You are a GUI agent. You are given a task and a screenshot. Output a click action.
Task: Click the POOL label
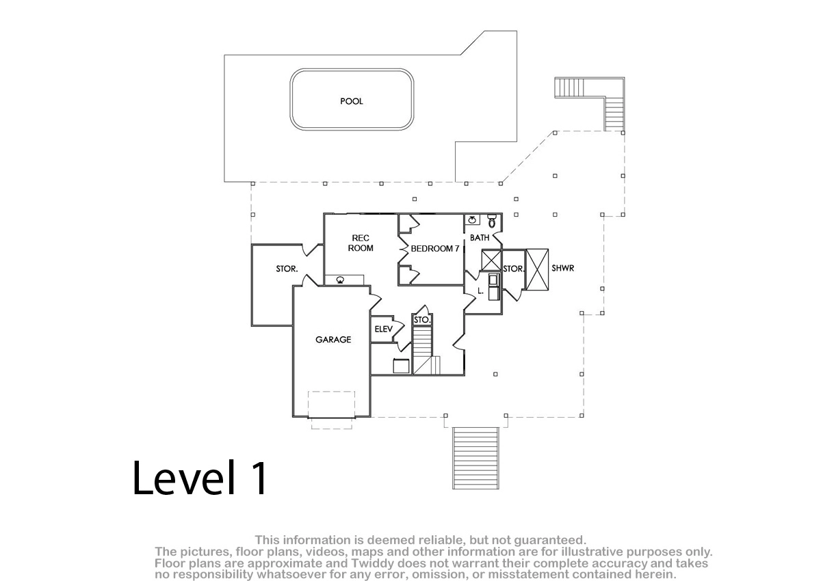352,101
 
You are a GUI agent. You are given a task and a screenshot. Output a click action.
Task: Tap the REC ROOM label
361,243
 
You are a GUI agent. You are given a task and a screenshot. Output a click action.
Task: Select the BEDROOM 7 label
435,249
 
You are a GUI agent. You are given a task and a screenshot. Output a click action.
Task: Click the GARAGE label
333,340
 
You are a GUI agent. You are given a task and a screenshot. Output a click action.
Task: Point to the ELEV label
383,329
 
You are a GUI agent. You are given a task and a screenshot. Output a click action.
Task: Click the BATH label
480,238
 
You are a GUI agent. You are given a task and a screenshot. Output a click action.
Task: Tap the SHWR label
562,269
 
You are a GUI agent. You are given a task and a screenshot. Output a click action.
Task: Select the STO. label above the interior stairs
421,320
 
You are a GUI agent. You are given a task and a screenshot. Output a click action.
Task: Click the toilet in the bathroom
492,221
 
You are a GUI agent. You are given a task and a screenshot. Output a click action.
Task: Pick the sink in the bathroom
473,219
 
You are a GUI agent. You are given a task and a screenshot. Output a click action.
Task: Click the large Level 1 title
200,478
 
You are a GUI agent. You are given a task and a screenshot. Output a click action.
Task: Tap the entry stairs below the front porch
475,458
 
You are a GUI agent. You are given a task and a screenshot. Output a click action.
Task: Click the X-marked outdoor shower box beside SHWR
537,270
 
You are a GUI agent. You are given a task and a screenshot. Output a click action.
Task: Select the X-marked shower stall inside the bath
491,260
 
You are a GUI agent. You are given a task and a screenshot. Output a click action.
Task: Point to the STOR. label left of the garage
287,269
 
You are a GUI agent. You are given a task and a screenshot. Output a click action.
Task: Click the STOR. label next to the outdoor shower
514,269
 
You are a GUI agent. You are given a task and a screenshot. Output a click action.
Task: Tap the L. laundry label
481,291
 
